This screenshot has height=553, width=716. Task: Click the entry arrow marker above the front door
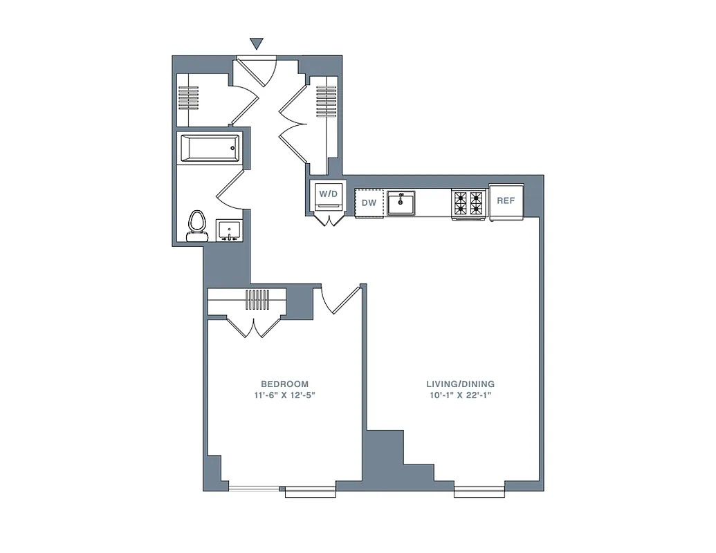[257, 44]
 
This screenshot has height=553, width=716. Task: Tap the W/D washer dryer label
[328, 194]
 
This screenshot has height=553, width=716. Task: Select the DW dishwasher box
[369, 203]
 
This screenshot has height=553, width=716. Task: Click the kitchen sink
[401, 204]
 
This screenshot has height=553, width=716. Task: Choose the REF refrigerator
[506, 201]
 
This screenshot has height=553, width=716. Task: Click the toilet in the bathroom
[198, 225]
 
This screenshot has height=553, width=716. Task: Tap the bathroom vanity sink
[228, 230]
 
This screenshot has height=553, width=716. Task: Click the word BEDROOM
[284, 384]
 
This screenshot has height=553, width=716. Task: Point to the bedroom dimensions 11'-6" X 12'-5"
[284, 396]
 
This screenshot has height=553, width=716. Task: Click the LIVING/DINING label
[460, 384]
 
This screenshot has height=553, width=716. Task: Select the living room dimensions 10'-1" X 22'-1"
[460, 396]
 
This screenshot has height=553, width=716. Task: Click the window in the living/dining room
[479, 491]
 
